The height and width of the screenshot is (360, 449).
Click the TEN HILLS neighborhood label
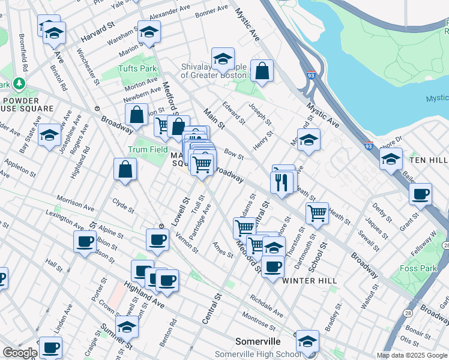pos(429,161)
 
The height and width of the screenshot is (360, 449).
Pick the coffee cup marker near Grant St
pos(420,194)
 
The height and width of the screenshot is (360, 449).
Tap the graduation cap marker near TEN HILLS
pos(391,160)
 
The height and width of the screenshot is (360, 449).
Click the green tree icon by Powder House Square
pos(20,83)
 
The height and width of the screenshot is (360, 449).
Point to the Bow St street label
pos(235,155)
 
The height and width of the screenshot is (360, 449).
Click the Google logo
pos(19,353)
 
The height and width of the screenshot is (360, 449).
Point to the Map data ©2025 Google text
pos(411,355)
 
